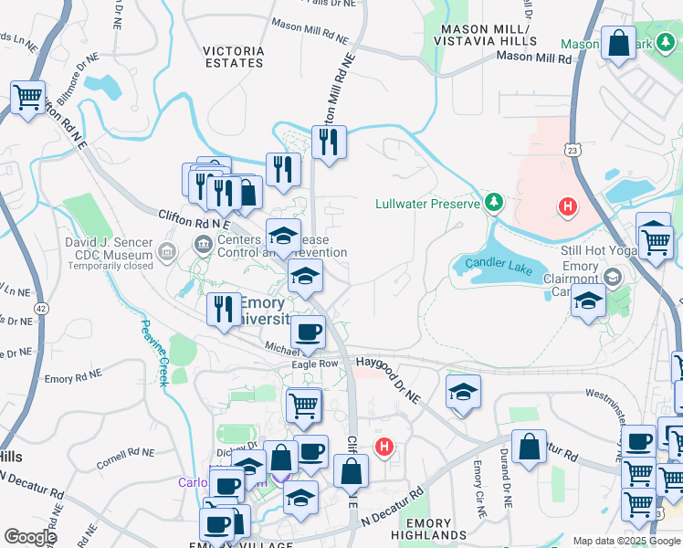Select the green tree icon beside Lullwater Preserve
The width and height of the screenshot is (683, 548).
tap(494, 201)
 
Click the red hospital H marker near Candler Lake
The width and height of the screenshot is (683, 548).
tap(568, 207)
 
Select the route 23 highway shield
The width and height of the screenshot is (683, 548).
tap(573, 149)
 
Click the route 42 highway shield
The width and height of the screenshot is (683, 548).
tap(43, 310)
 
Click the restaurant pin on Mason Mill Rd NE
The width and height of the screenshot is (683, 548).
tap(328, 142)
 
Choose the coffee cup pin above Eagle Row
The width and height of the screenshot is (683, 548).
tap(309, 333)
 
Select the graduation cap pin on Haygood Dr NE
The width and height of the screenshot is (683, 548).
tap(463, 393)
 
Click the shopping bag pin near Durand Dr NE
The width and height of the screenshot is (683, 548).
tap(529, 447)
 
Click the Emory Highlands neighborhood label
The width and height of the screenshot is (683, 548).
tap(422, 530)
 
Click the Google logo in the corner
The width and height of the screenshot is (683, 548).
tap(30, 537)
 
